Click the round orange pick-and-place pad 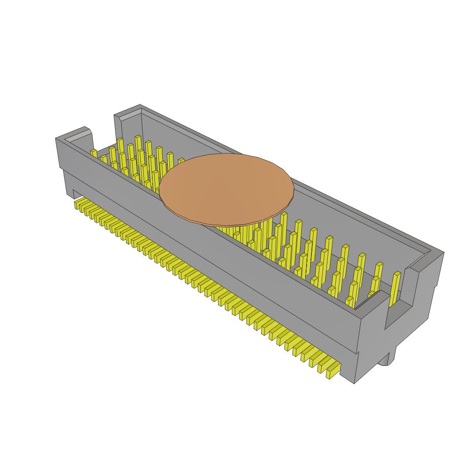226,188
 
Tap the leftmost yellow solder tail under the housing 78,204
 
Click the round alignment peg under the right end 384,360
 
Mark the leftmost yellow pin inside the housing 94,154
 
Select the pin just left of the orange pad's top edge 181,162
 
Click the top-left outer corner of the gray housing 56,138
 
